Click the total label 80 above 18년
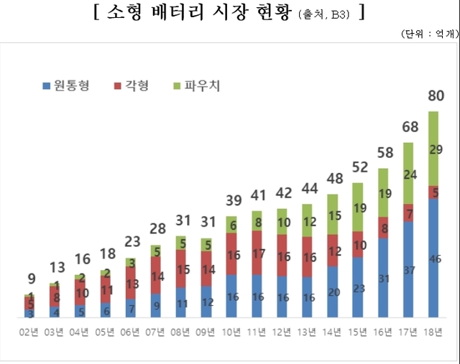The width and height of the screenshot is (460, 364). (x=435, y=95)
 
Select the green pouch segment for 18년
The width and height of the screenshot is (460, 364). (x=433, y=149)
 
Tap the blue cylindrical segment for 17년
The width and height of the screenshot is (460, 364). (x=408, y=269)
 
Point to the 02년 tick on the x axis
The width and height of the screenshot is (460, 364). (x=29, y=331)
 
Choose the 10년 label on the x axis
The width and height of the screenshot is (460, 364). (x=231, y=331)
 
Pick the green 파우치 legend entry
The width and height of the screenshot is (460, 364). (x=197, y=86)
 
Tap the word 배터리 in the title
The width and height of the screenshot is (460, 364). (x=177, y=14)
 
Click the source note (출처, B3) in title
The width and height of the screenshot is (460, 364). (x=323, y=15)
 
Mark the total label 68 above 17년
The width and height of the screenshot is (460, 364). (x=408, y=127)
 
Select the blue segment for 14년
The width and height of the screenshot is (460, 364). (x=333, y=291)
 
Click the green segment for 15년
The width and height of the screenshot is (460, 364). (x=358, y=207)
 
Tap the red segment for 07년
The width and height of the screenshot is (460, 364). (x=156, y=275)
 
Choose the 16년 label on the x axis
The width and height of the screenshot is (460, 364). (x=383, y=331)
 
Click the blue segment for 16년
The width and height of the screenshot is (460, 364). (x=383, y=278)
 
